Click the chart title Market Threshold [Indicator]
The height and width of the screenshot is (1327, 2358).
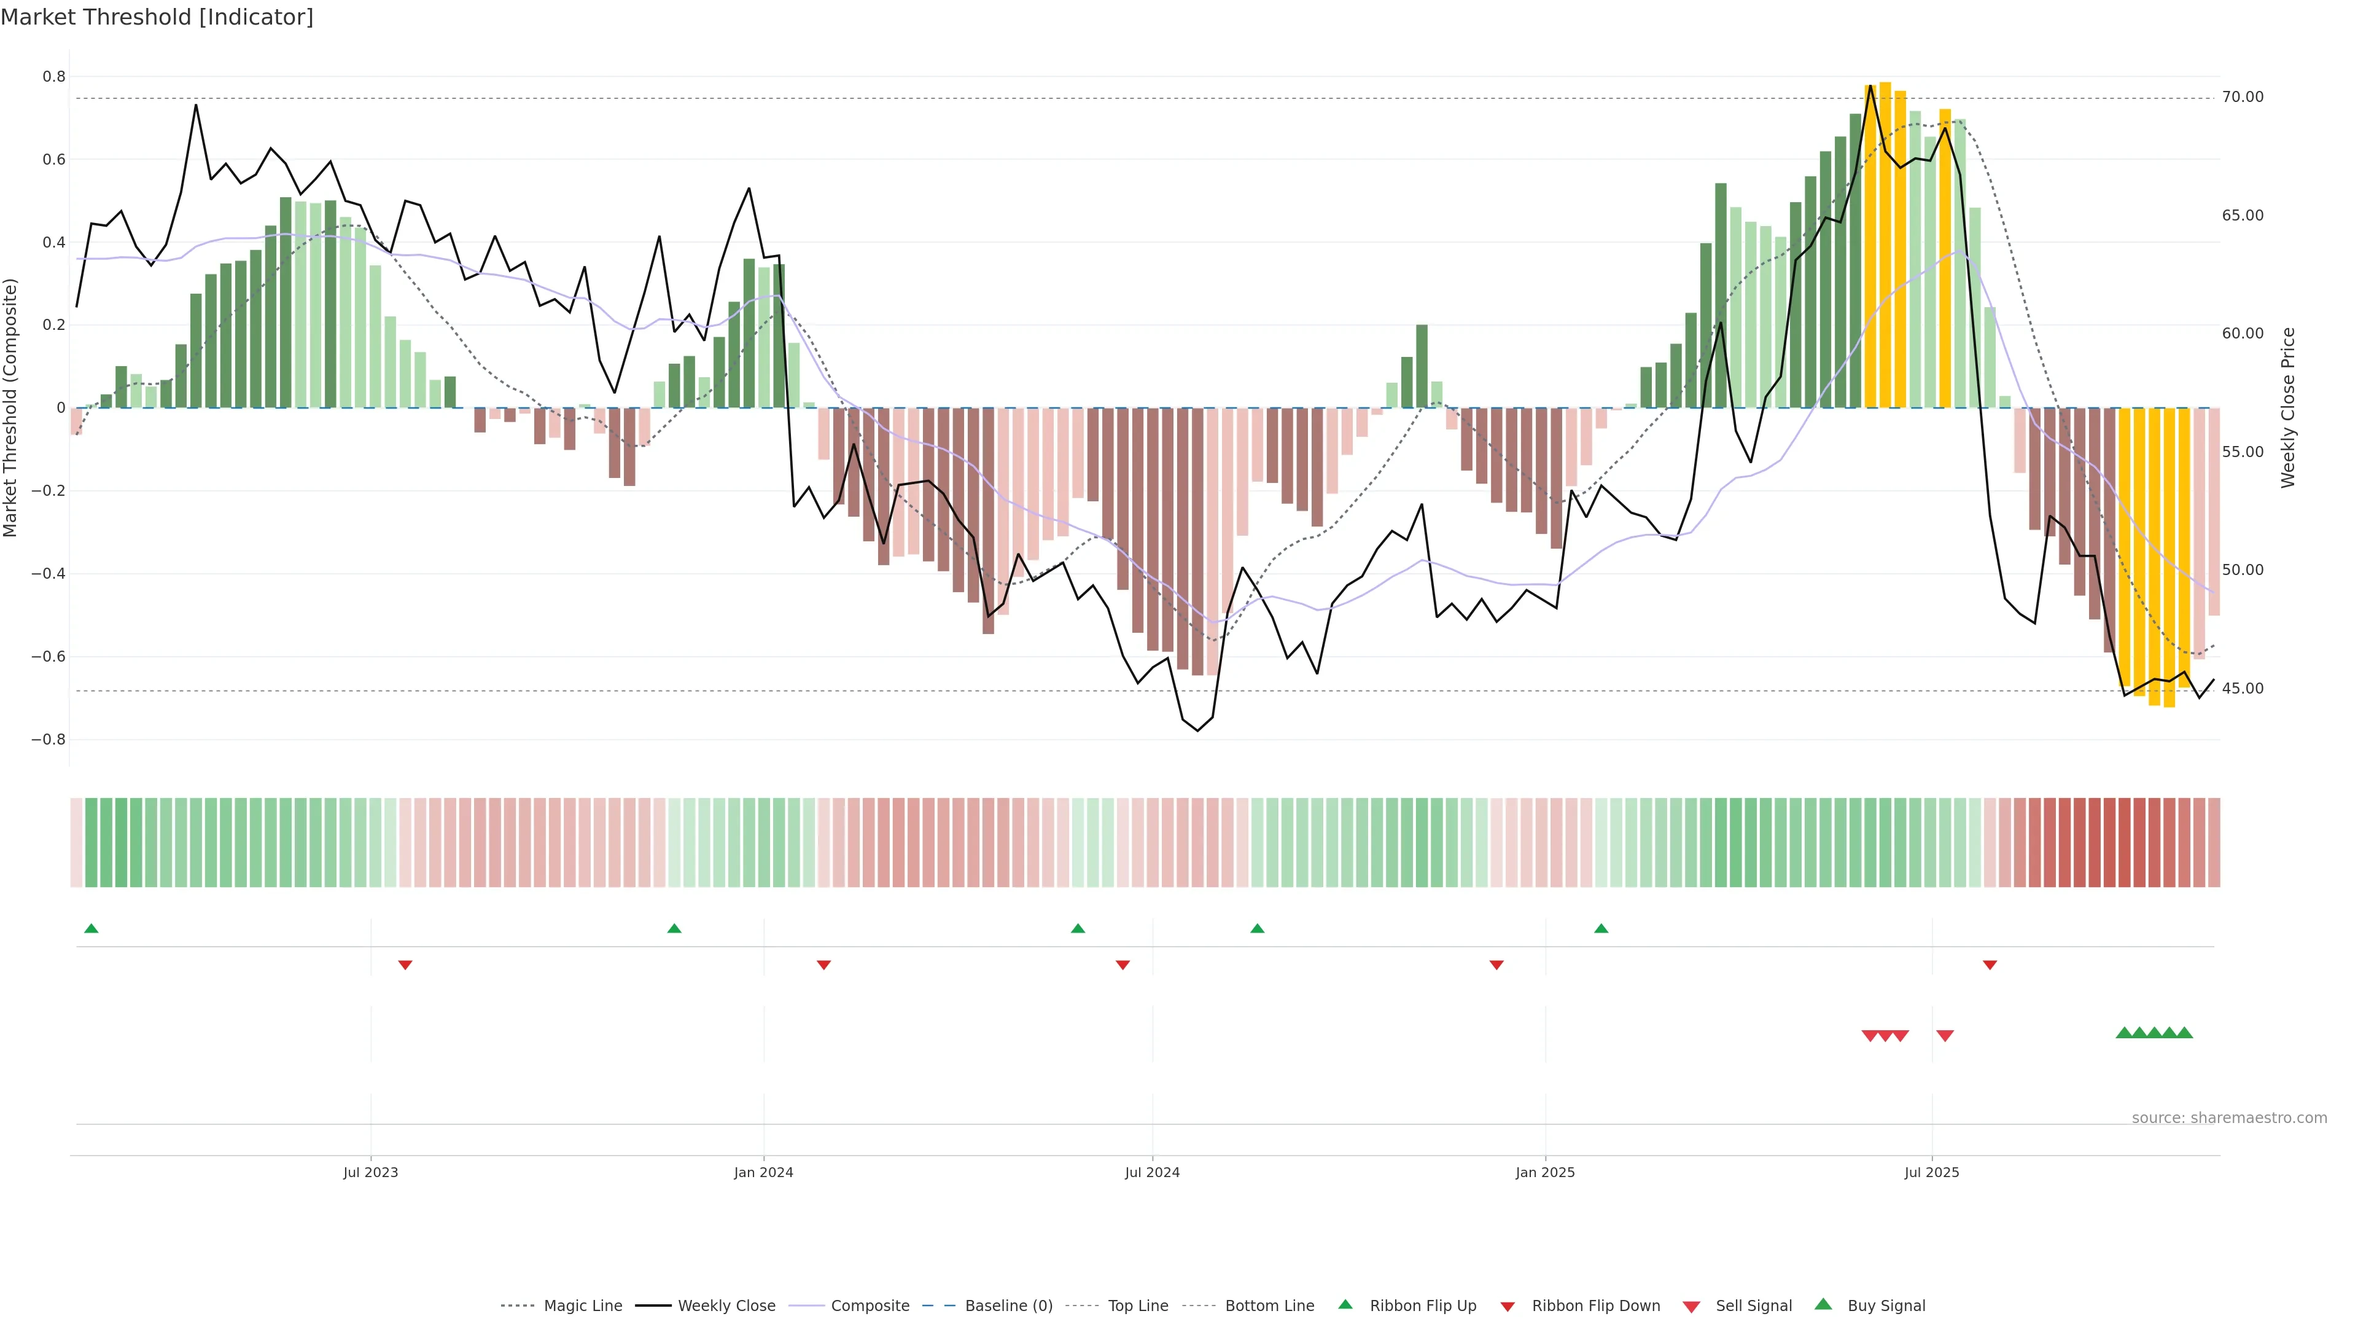coord(157,17)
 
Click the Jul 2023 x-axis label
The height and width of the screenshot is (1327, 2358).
coord(371,1172)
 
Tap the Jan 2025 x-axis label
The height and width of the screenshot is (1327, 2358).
coord(1545,1172)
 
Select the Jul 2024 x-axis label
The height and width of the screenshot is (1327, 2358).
coord(1153,1172)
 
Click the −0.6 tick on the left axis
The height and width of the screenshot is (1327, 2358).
coord(49,657)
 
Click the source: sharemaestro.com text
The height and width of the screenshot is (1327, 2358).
coord(2229,1118)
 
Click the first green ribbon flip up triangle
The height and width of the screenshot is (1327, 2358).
coord(91,929)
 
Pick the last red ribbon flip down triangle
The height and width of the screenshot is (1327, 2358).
coord(1990,965)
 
